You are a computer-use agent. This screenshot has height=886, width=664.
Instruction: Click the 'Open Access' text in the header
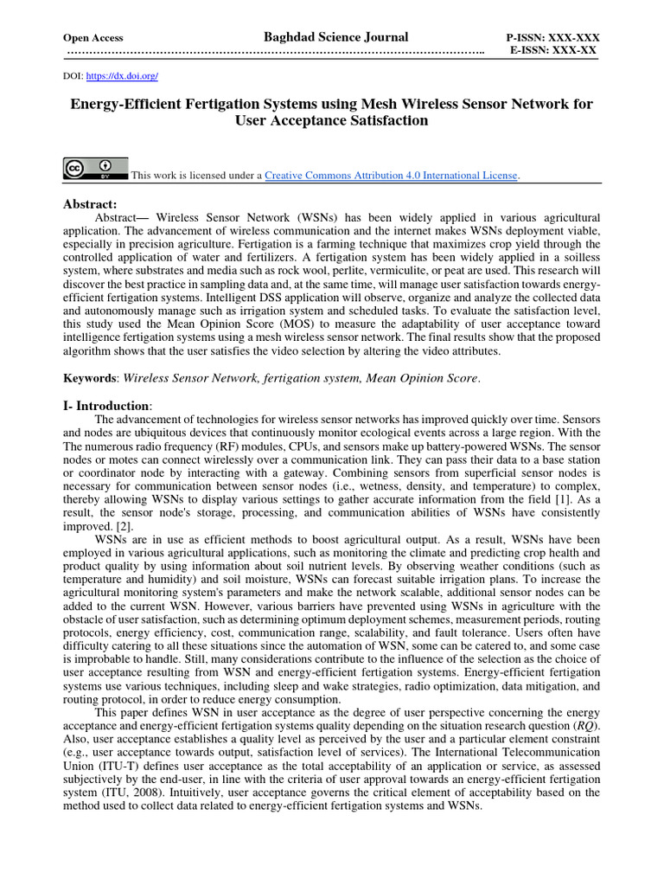93,38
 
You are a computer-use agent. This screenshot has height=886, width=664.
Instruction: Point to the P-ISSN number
552,39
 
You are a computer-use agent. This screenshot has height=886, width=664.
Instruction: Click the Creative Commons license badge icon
95,168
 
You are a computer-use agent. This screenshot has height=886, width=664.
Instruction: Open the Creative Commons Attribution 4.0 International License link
391,176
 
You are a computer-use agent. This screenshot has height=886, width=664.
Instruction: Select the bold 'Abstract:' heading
89,203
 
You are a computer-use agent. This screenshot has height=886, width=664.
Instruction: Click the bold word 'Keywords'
92,378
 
